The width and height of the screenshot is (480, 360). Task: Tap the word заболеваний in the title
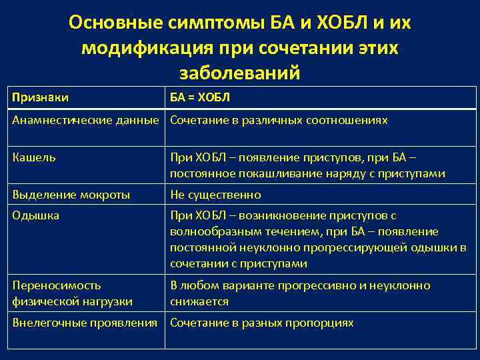coord(240,72)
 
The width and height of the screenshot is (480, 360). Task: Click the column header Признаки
coord(41,98)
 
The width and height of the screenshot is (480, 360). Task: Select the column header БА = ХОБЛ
coord(200,98)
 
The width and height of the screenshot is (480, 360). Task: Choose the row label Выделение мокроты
coord(71,195)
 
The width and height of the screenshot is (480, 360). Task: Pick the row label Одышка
coord(36,215)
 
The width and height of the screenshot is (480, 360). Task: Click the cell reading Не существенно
coord(215,195)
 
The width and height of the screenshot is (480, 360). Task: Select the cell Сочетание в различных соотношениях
coord(279,121)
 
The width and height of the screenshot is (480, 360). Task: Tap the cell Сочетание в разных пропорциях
coord(261,323)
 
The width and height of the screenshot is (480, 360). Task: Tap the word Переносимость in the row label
coord(57,285)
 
